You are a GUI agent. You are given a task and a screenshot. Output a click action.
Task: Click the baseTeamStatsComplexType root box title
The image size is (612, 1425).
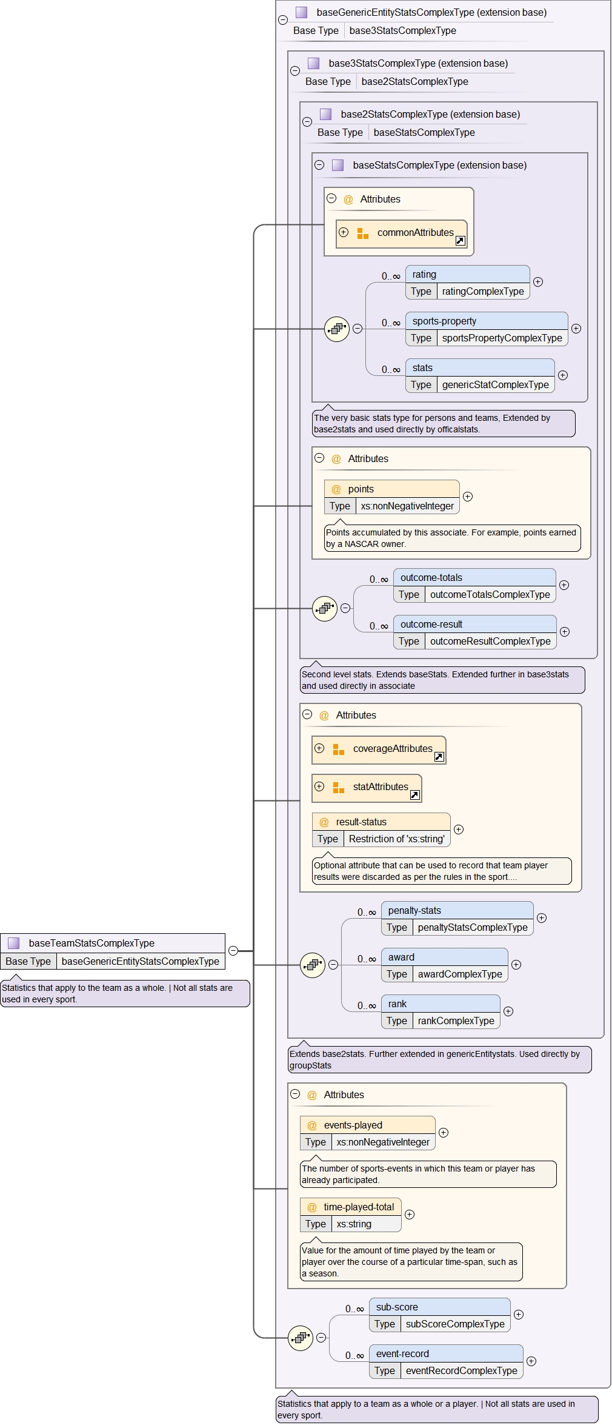pyautogui.click(x=91, y=943)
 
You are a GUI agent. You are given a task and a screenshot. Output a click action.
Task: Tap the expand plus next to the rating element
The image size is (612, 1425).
pyautogui.click(x=538, y=282)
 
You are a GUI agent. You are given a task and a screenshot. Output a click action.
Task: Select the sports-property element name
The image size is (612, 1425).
pyautogui.click(x=444, y=321)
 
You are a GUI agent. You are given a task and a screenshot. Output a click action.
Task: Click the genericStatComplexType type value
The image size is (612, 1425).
pyautogui.click(x=495, y=384)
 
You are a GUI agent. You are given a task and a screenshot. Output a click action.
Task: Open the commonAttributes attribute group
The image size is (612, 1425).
pyautogui.click(x=415, y=233)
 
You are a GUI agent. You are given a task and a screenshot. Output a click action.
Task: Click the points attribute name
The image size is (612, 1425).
pyautogui.click(x=361, y=489)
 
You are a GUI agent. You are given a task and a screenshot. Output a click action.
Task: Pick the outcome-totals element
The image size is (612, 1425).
pyautogui.click(x=431, y=577)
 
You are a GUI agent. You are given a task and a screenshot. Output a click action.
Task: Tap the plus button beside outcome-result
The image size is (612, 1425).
pyautogui.click(x=565, y=632)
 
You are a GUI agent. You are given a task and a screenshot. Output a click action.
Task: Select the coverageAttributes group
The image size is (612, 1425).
pyautogui.click(x=392, y=749)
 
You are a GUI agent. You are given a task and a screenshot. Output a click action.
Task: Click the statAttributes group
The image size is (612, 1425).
pyautogui.click(x=380, y=787)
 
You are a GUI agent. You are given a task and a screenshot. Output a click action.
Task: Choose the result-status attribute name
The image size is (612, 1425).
pyautogui.click(x=361, y=822)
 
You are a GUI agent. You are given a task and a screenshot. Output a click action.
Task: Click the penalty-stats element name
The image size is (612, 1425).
pyautogui.click(x=414, y=910)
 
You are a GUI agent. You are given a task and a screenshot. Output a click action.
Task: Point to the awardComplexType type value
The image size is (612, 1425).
pyautogui.click(x=460, y=974)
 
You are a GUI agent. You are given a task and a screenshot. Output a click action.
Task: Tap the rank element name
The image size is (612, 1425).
pyautogui.click(x=397, y=1004)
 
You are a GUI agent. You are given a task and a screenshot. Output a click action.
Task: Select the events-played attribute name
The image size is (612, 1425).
pyautogui.click(x=353, y=1125)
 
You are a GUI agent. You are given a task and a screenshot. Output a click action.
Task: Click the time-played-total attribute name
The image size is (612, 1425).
pyautogui.click(x=359, y=1207)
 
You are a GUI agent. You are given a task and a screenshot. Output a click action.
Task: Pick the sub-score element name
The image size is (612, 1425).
pyautogui.click(x=397, y=1307)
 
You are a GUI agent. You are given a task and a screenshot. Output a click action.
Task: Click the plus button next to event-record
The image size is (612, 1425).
pyautogui.click(x=531, y=1361)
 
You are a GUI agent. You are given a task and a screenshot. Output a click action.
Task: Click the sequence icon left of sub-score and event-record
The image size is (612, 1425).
pyautogui.click(x=301, y=1338)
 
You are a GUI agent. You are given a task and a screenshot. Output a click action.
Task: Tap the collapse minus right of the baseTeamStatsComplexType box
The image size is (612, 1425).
pyautogui.click(x=233, y=951)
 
